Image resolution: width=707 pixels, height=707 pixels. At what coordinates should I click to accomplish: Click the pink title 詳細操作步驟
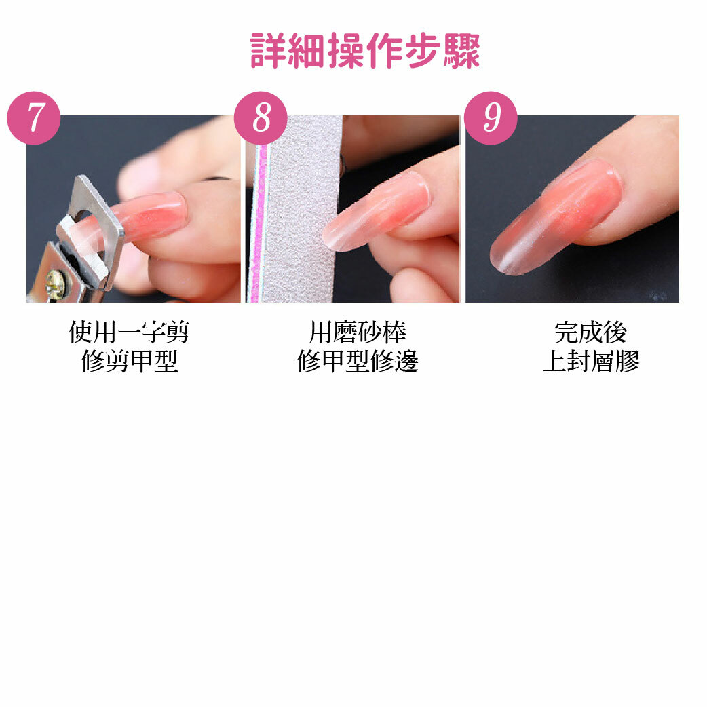click(365, 50)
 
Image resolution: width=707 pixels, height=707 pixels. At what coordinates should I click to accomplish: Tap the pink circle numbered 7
click(34, 118)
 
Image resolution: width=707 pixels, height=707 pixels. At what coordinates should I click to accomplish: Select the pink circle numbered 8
click(261, 118)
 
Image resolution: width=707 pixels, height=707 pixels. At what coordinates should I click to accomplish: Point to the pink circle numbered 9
click(491, 118)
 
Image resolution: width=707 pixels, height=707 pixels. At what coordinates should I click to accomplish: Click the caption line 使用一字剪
click(129, 332)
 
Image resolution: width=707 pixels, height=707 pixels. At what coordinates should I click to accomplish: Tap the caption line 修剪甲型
click(130, 361)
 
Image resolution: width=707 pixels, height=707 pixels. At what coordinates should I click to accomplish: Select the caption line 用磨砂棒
click(358, 332)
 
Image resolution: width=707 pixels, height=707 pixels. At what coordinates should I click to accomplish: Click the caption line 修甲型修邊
click(358, 361)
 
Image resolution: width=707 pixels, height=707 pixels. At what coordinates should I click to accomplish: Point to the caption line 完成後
click(591, 332)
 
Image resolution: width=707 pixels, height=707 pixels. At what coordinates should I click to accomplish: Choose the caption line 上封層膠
click(591, 361)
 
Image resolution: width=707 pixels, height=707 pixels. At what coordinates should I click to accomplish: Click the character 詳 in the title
click(268, 50)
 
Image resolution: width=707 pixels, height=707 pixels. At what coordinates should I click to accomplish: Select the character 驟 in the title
click(461, 50)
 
